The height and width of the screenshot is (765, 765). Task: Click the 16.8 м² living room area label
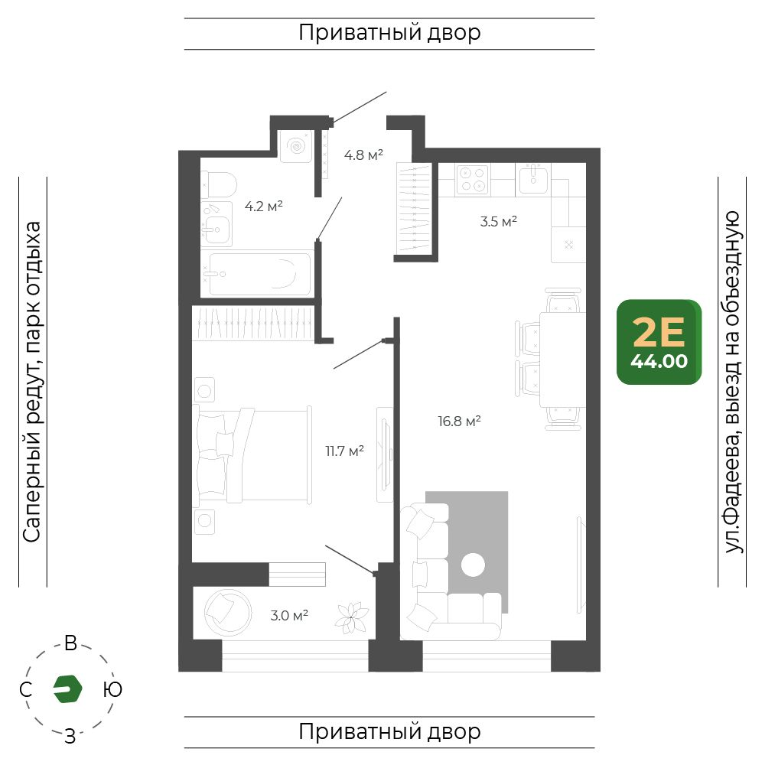[x=459, y=421]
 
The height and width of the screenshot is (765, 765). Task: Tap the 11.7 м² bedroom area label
[x=344, y=451]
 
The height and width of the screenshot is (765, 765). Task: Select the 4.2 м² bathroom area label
[x=263, y=207]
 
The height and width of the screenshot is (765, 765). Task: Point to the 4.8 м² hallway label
[x=363, y=155]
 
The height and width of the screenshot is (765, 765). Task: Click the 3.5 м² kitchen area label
[x=498, y=222]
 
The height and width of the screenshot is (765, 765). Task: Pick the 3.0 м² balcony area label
[x=289, y=615]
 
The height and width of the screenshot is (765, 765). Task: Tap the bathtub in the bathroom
[x=259, y=274]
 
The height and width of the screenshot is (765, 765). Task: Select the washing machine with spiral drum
[x=296, y=146]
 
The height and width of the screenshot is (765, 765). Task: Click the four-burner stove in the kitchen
[x=472, y=180]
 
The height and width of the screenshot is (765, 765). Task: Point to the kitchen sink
[x=532, y=178]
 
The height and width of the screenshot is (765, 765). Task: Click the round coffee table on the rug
[x=473, y=565]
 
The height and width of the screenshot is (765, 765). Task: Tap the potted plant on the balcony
[x=351, y=618]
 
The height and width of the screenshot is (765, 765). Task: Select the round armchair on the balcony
[x=228, y=613]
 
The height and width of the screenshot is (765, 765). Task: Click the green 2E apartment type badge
[x=659, y=342]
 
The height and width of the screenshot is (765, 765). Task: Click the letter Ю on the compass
[x=112, y=689]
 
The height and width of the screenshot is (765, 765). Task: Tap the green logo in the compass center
[x=67, y=689]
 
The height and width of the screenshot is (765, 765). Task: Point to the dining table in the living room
[x=562, y=359]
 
